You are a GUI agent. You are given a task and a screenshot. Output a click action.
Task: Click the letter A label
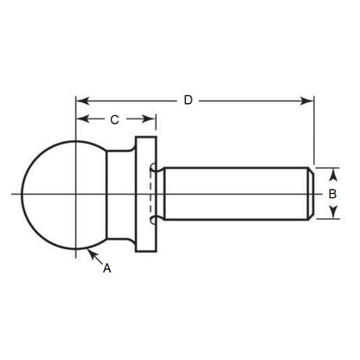(106, 269)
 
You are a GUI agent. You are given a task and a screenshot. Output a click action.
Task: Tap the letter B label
(331, 195)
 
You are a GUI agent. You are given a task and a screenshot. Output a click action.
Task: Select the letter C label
(113, 119)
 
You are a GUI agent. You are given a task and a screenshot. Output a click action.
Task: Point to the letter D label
(189, 100)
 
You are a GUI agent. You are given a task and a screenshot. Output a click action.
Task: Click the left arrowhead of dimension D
(81, 101)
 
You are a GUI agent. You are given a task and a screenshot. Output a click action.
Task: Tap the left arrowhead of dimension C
(81, 119)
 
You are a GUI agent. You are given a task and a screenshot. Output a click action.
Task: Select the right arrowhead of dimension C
(152, 119)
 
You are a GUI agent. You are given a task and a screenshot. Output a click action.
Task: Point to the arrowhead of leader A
(89, 251)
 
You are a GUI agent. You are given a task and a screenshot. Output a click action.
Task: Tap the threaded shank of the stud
(234, 195)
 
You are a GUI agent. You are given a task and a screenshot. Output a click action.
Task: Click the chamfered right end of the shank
(309, 195)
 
